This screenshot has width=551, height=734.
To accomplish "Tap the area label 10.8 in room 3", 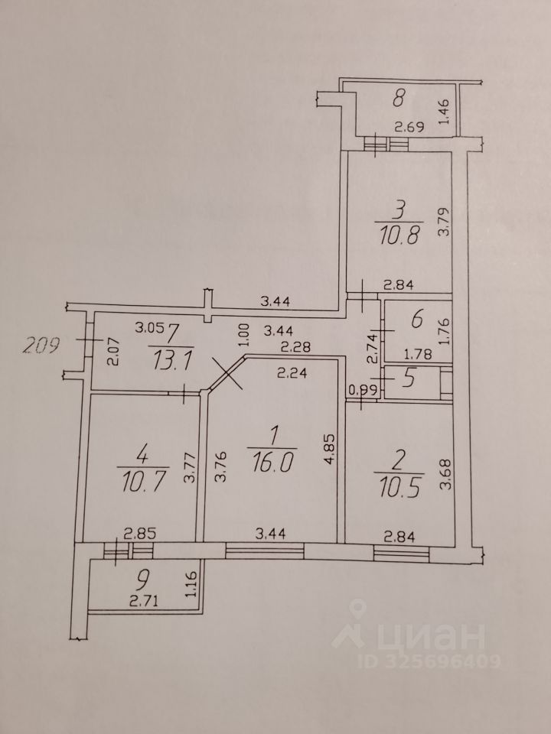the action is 399,232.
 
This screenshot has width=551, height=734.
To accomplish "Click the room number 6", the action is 416,320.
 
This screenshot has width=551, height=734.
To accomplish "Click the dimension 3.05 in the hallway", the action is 148,329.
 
